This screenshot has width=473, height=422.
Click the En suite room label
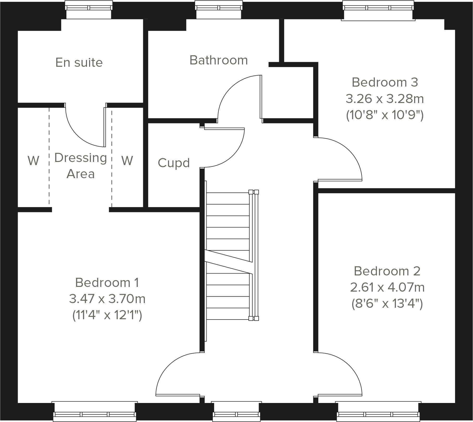coord(79,63)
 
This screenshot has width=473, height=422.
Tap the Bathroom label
coord(219,60)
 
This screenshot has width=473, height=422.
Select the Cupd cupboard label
coord(174,163)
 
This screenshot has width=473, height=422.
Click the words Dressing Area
coord(81,166)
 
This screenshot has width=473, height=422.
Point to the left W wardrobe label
coord(34,161)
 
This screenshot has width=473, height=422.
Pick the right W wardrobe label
coord(127,161)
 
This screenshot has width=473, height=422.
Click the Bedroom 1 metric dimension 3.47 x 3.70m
coord(107,299)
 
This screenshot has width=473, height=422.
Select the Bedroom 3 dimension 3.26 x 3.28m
coord(385,99)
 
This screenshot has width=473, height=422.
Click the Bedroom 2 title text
coord(387,271)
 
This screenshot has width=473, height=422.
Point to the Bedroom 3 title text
coord(385,82)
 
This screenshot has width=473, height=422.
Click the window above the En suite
coord(89,10)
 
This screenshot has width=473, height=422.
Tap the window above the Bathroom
coord(219,10)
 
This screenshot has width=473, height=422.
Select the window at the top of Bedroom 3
coord(378,10)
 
